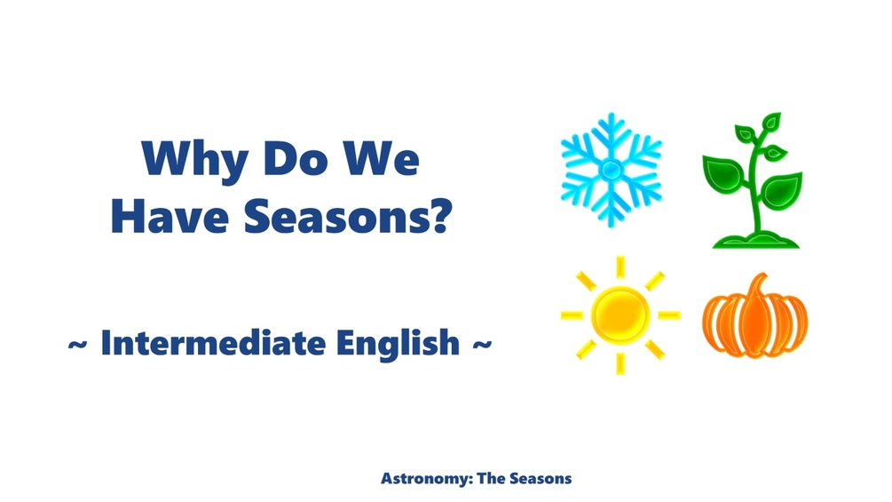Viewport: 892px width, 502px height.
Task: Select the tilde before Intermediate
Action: pos(77,344)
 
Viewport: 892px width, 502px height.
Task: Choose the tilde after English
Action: pos(479,344)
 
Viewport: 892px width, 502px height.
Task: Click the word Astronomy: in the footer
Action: pos(425,479)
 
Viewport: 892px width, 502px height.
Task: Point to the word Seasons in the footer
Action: pos(541,479)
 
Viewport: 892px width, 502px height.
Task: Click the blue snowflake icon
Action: pos(612,170)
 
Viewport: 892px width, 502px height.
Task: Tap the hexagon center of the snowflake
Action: pos(612,170)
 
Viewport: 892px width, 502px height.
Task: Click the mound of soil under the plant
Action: pos(751,238)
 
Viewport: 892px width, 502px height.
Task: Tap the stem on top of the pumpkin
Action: pos(758,285)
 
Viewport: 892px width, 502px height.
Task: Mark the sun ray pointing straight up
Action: pos(620,267)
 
